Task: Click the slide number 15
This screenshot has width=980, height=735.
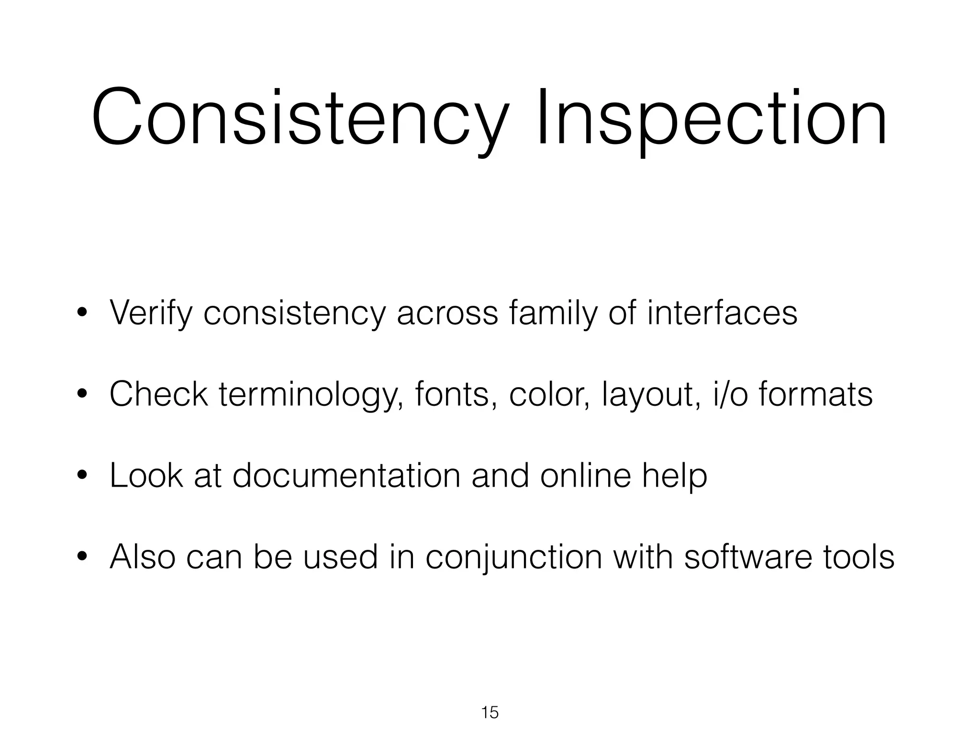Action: [490, 713]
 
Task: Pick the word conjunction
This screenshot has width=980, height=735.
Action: [514, 557]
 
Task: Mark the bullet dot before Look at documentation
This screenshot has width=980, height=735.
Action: [82, 476]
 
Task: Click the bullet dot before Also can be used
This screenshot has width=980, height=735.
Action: [82, 557]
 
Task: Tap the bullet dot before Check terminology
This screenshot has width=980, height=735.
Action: [82, 394]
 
